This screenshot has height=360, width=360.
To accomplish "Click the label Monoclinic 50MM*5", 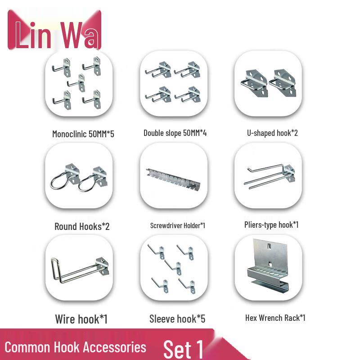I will coord(83,134).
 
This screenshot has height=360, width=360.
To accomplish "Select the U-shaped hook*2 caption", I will coord(272,133).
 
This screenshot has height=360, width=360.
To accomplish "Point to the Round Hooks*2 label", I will coord(82,226).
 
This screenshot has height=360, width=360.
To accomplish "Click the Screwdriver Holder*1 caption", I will coord(178,225).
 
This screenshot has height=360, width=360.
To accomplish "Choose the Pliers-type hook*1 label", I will coord(271,225).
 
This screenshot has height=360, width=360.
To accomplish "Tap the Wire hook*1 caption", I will coord(81,319).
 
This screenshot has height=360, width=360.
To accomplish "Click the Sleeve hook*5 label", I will coord(177,319).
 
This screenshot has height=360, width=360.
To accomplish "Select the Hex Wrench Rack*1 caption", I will coord(275,318).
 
